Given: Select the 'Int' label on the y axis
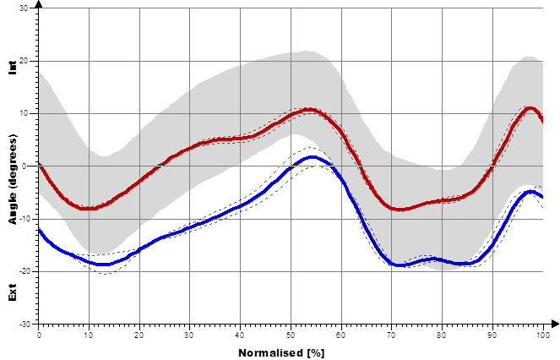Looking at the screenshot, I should pos(12,68).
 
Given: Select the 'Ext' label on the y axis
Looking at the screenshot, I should pos(12,294).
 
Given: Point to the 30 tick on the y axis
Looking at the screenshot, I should pos(23,8).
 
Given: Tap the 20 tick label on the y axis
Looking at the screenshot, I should pos(23,61).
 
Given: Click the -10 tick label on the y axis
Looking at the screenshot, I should pos(21,219).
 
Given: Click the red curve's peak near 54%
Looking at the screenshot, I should pos(310,109).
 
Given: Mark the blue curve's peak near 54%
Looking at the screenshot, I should pos(312,157).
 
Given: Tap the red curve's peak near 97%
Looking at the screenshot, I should pos(529,108).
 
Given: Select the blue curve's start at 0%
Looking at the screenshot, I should pos(39,230).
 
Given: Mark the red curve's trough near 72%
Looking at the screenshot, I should pos(400,209).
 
